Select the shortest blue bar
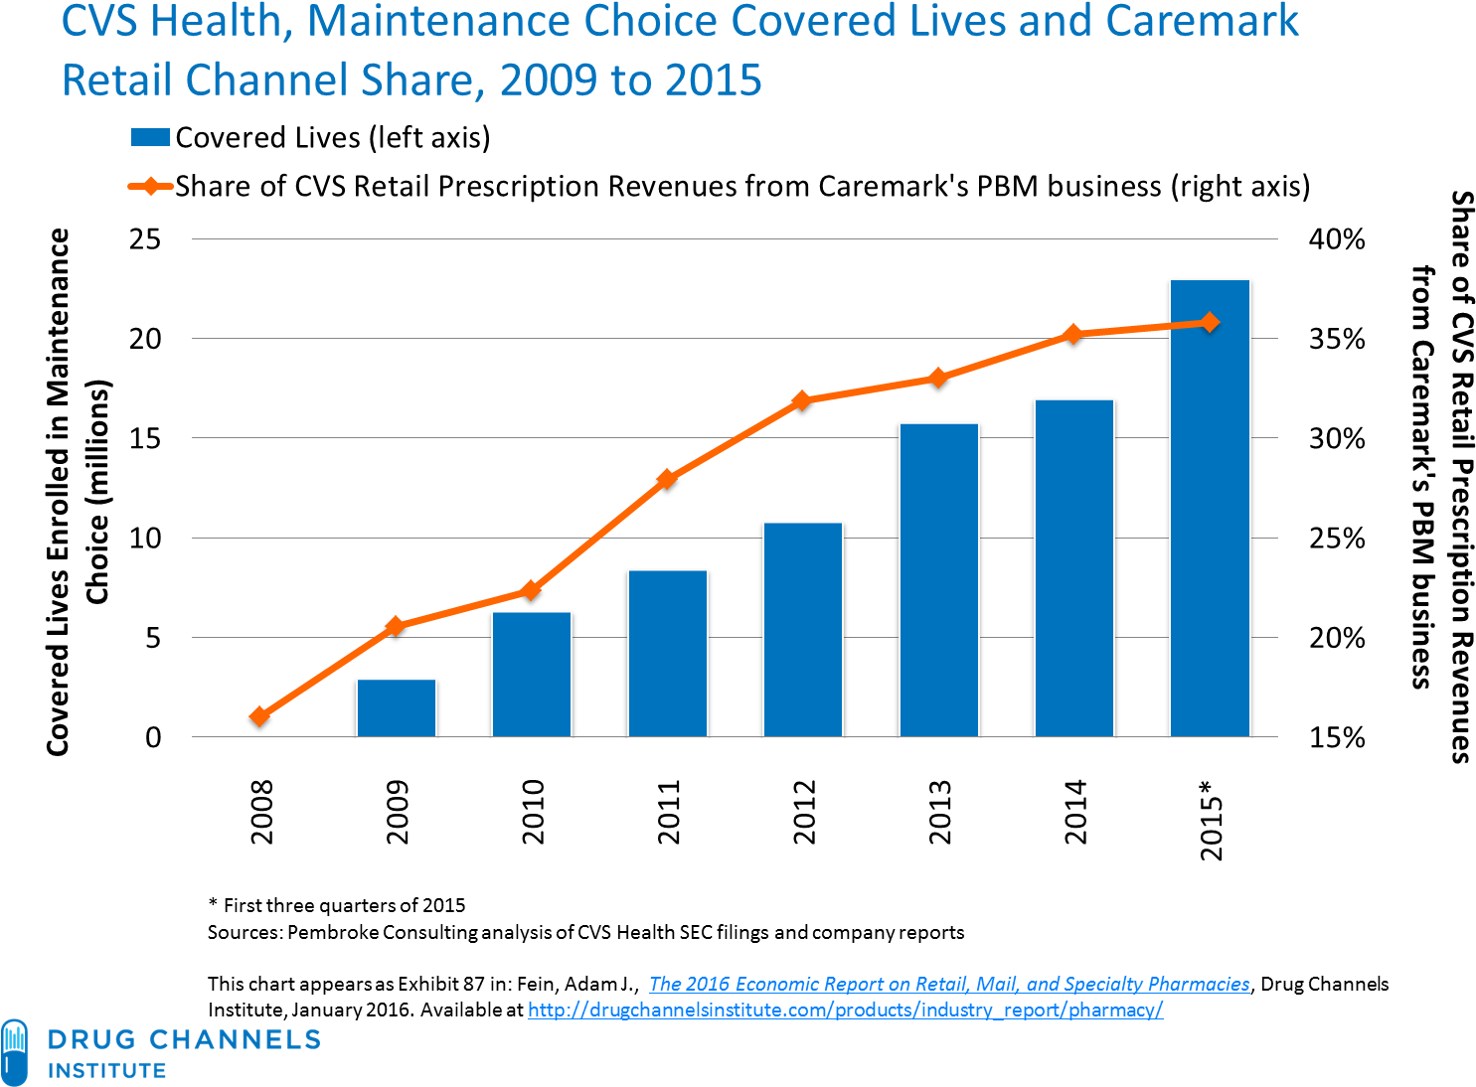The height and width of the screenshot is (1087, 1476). tap(397, 707)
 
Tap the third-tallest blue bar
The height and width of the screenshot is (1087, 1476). tap(939, 579)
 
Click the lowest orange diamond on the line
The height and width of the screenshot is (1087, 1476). tap(260, 715)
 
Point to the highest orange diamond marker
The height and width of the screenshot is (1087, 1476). tap(1210, 322)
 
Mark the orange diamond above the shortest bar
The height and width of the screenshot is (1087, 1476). tap(395, 626)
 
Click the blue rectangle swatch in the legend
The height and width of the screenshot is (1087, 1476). tap(150, 137)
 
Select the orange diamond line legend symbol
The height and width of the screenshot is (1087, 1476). tap(150, 186)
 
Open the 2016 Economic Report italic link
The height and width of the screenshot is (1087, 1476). tap(948, 984)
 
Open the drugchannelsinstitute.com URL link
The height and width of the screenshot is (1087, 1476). tap(845, 1009)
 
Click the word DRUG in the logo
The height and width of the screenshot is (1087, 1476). tap(91, 1040)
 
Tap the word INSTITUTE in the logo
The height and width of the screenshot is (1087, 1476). tap(107, 1071)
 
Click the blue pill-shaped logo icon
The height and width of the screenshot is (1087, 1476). tap(15, 1051)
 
